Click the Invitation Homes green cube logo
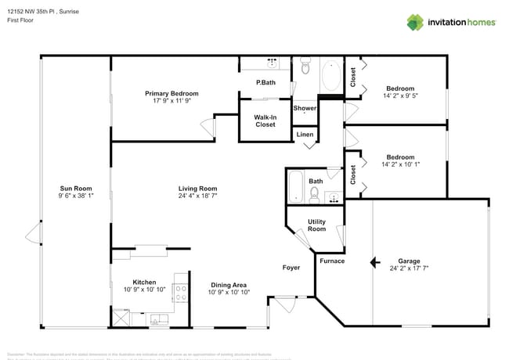click(414, 23)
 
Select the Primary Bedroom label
click(171, 93)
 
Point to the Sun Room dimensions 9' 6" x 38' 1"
click(76, 196)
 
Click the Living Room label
click(197, 189)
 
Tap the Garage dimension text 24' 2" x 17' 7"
click(409, 268)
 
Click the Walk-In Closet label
click(265, 121)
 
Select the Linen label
click(305, 135)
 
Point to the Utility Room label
click(316, 225)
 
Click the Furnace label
click(332, 261)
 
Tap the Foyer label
click(291, 268)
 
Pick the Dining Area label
click(229, 285)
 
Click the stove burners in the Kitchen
click(180, 293)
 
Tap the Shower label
click(305, 108)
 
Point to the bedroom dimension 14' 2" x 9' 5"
click(400, 96)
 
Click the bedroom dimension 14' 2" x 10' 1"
click(400, 164)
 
